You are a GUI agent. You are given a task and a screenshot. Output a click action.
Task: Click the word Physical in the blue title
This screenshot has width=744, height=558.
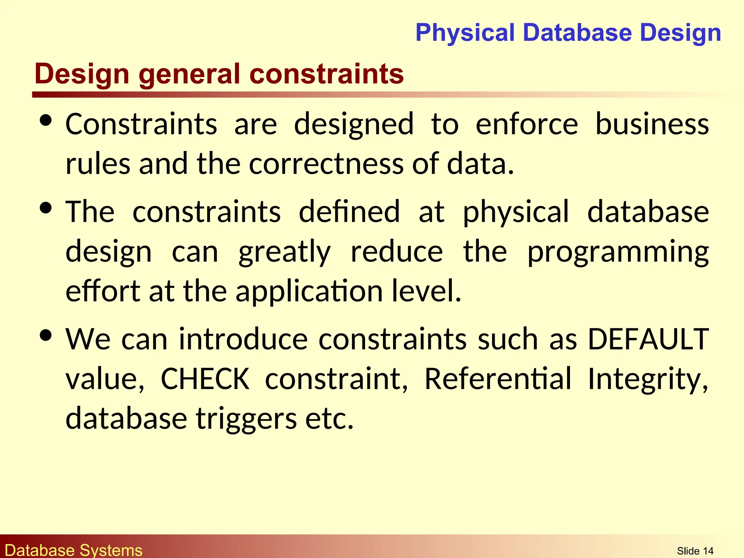click(465, 33)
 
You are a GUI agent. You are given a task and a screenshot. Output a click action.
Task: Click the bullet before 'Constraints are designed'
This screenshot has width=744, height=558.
click(46, 121)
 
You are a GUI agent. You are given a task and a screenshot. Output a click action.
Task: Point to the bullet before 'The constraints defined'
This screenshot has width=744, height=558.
click(46, 208)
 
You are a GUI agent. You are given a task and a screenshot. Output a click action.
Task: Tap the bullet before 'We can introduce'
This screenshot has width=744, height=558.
click(46, 335)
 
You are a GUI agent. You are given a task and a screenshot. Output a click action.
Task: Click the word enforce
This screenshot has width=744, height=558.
click(527, 124)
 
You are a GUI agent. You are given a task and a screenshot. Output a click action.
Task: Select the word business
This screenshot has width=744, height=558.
click(652, 124)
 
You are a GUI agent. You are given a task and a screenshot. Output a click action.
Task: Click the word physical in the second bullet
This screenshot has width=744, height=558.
click(515, 212)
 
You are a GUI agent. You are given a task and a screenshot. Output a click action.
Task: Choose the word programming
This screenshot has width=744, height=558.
click(618, 252)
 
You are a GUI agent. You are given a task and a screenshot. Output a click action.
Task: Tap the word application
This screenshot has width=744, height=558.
click(309, 291)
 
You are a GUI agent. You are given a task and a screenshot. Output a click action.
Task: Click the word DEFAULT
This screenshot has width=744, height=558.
click(648, 339)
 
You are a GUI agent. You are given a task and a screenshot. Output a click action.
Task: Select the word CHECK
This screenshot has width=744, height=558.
click(205, 379)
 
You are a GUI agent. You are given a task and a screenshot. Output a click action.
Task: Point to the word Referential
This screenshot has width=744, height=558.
click(498, 379)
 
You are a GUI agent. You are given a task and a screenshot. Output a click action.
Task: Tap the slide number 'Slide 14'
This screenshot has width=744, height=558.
click(695, 551)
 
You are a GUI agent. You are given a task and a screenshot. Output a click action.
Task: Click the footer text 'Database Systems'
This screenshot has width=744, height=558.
click(74, 550)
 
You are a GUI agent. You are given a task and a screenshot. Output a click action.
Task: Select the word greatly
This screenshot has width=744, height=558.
click(284, 253)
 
